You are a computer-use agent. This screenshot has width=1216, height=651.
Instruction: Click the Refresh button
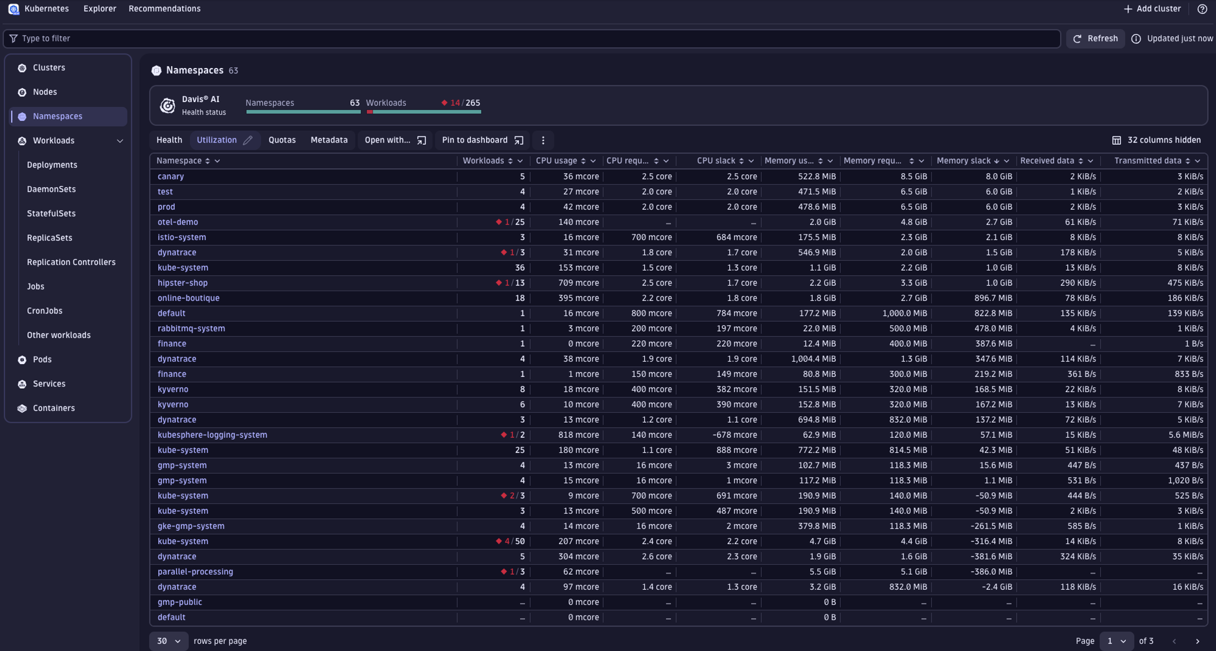point(1095,38)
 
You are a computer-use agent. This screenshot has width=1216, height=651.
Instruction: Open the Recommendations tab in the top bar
point(164,9)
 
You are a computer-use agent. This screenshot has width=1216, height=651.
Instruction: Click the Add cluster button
point(1151,9)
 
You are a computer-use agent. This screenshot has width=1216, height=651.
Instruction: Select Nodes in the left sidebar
point(45,92)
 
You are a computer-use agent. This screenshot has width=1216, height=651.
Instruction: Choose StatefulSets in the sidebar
point(51,213)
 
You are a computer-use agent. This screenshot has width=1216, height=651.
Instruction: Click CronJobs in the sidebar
point(45,311)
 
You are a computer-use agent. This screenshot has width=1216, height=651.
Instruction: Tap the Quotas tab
point(282,140)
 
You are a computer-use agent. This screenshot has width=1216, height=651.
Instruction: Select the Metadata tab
point(328,140)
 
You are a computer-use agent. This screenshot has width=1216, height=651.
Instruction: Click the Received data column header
point(1047,161)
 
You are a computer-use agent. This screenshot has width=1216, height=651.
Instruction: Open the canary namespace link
point(170,177)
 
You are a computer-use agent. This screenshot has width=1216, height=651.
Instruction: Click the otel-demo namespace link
point(178,222)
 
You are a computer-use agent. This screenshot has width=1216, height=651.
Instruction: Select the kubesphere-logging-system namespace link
point(212,435)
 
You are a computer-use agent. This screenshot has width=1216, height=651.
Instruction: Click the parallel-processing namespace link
point(195,572)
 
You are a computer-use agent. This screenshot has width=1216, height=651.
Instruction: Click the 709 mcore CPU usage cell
point(578,283)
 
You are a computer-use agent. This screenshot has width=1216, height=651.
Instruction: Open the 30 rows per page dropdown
point(168,641)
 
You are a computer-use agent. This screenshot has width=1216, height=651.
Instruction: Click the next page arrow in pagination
point(1197,641)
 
